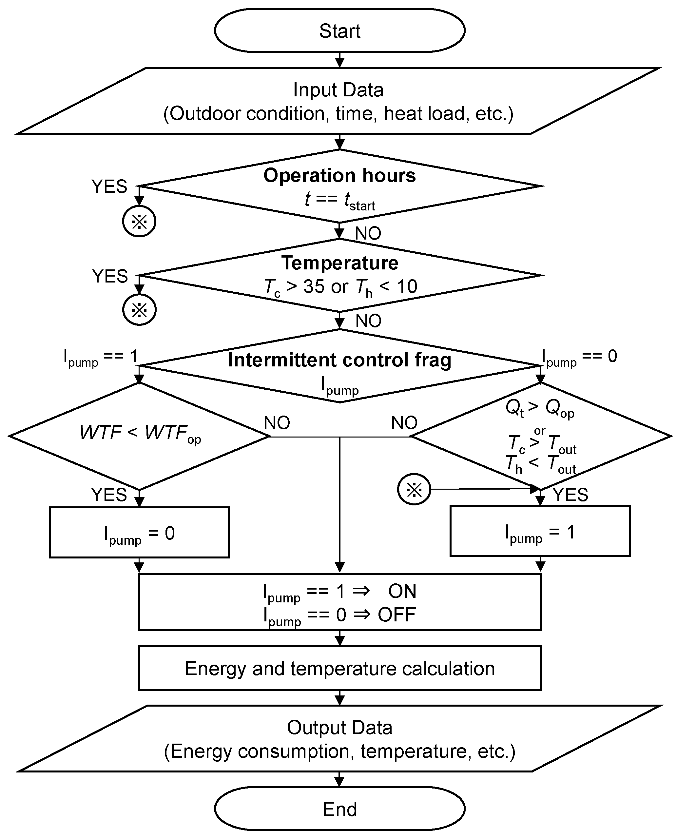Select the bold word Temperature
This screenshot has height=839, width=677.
tap(340, 263)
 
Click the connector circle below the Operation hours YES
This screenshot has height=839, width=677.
tap(139, 221)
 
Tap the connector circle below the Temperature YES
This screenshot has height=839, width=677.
tap(139, 310)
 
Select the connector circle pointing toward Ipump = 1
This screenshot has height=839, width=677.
tap(414, 489)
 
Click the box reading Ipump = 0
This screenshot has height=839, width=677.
tap(139, 533)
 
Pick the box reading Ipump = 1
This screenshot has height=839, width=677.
tap(540, 532)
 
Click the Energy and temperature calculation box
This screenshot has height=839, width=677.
tap(340, 668)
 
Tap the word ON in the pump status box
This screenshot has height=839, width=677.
tap(402, 591)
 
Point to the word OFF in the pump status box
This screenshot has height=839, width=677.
tap(397, 615)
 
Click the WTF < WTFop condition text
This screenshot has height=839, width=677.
tap(140, 433)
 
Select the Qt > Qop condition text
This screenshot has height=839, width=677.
tap(540, 408)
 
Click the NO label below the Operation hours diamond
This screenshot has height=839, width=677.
tap(368, 233)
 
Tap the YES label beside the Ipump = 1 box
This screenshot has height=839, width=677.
tap(570, 495)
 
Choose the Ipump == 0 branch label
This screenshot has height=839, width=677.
tap(579, 357)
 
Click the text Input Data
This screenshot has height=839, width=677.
tap(338, 90)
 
